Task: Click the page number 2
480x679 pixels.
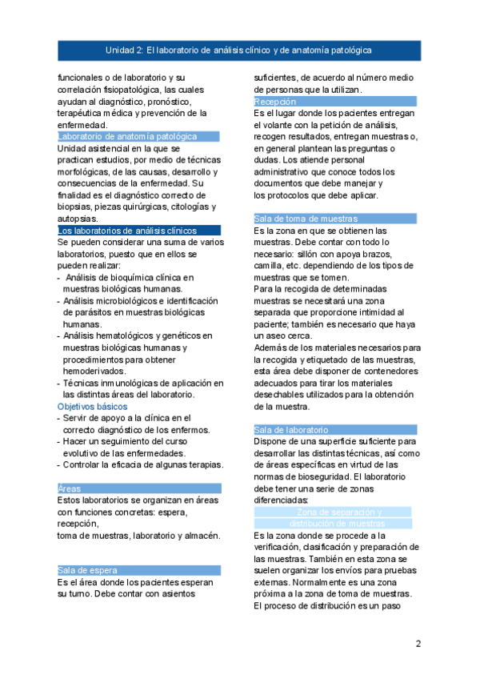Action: tap(418, 643)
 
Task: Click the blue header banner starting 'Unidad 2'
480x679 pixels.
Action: tap(239, 50)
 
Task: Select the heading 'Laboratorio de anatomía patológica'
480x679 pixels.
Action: tap(127, 137)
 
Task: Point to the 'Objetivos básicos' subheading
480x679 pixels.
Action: tap(92, 406)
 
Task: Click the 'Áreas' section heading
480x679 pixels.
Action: tap(70, 488)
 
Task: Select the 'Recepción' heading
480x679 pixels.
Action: tap(275, 102)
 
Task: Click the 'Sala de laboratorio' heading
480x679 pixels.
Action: tap(291, 430)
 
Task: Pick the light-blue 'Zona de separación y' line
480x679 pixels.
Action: tap(338, 512)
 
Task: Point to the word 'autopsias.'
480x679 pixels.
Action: tap(78, 219)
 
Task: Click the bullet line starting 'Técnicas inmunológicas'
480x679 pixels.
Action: tap(138, 383)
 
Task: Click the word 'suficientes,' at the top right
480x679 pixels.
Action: tap(277, 78)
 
